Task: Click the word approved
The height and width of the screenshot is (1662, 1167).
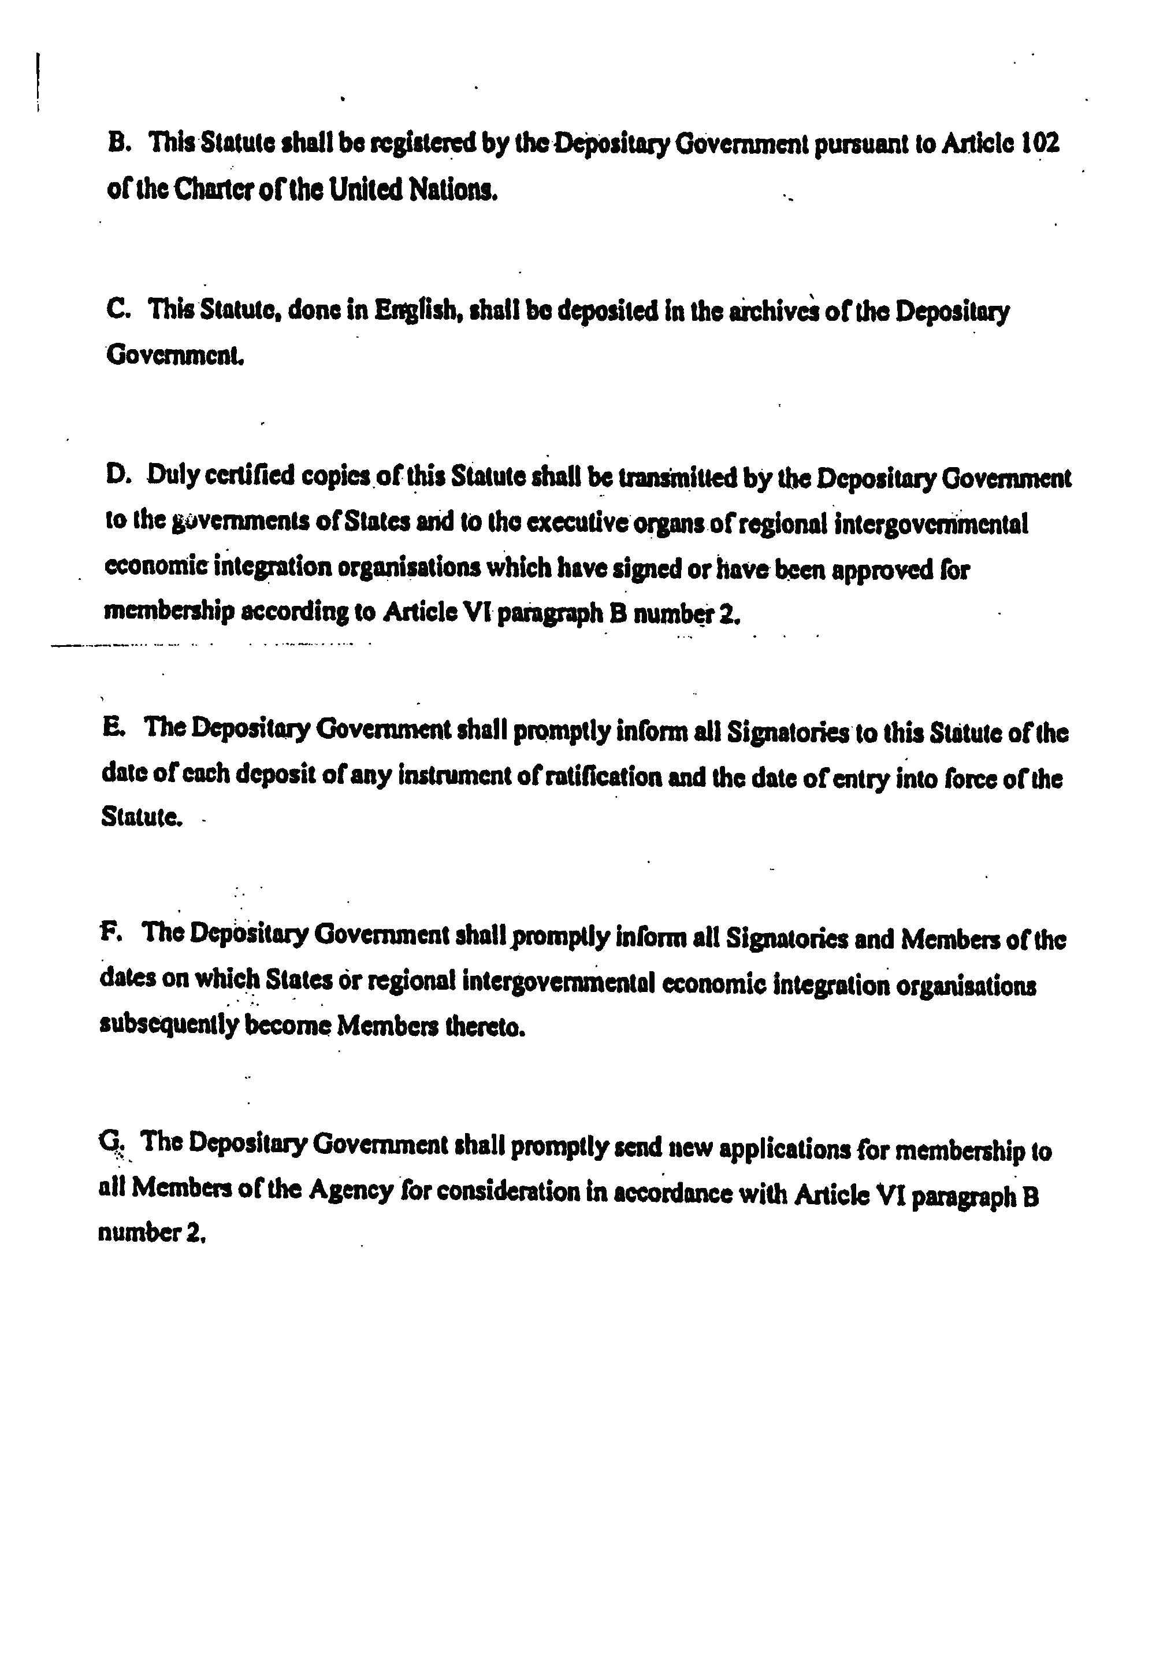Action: pyautogui.click(x=882, y=571)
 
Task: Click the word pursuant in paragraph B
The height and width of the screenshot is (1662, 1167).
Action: pyautogui.click(x=863, y=144)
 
